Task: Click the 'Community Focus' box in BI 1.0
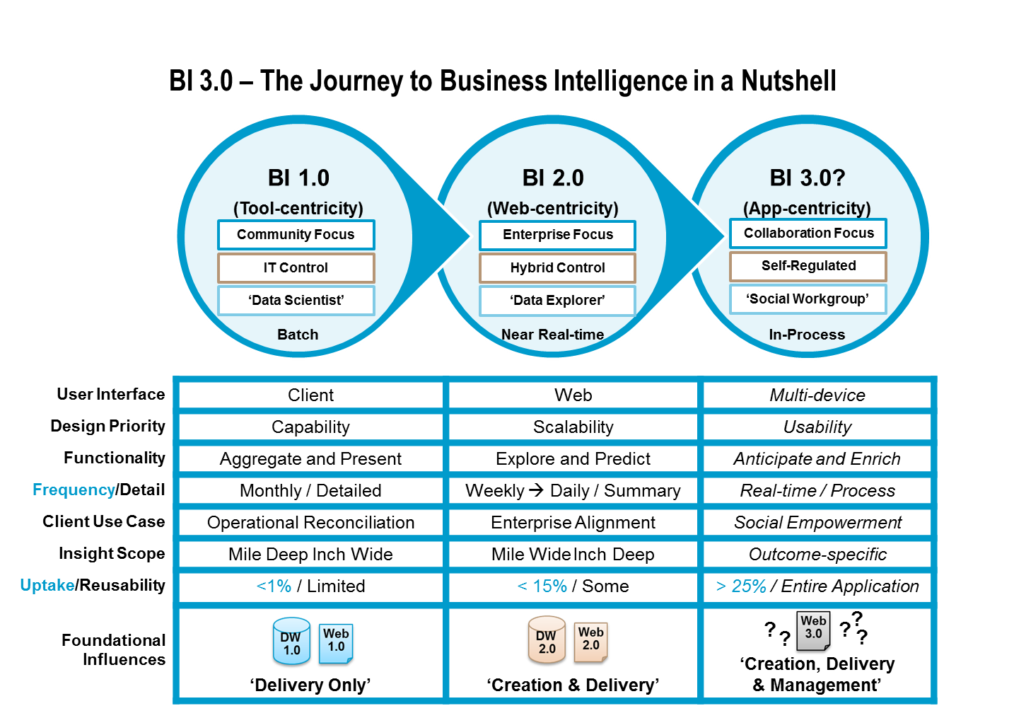click(x=296, y=235)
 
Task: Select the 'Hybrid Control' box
click(x=557, y=268)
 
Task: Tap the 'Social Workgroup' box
click(x=808, y=299)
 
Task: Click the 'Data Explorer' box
click(x=557, y=301)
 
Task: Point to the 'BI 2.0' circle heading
click(x=553, y=178)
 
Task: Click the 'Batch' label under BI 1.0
click(x=298, y=335)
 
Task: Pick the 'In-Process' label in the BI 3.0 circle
click(x=807, y=335)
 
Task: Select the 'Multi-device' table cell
click(x=817, y=395)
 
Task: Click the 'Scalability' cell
click(x=573, y=427)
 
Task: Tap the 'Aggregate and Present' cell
click(x=310, y=459)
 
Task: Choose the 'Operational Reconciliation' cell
click(x=310, y=523)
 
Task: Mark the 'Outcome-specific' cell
click(x=817, y=555)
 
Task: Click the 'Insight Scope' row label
click(x=112, y=554)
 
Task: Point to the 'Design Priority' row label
click(x=107, y=427)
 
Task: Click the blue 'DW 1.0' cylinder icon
click(x=291, y=642)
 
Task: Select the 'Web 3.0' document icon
click(x=813, y=632)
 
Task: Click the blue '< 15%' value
click(x=542, y=586)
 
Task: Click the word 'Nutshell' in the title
click(x=788, y=81)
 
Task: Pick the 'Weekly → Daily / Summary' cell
click(x=573, y=491)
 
